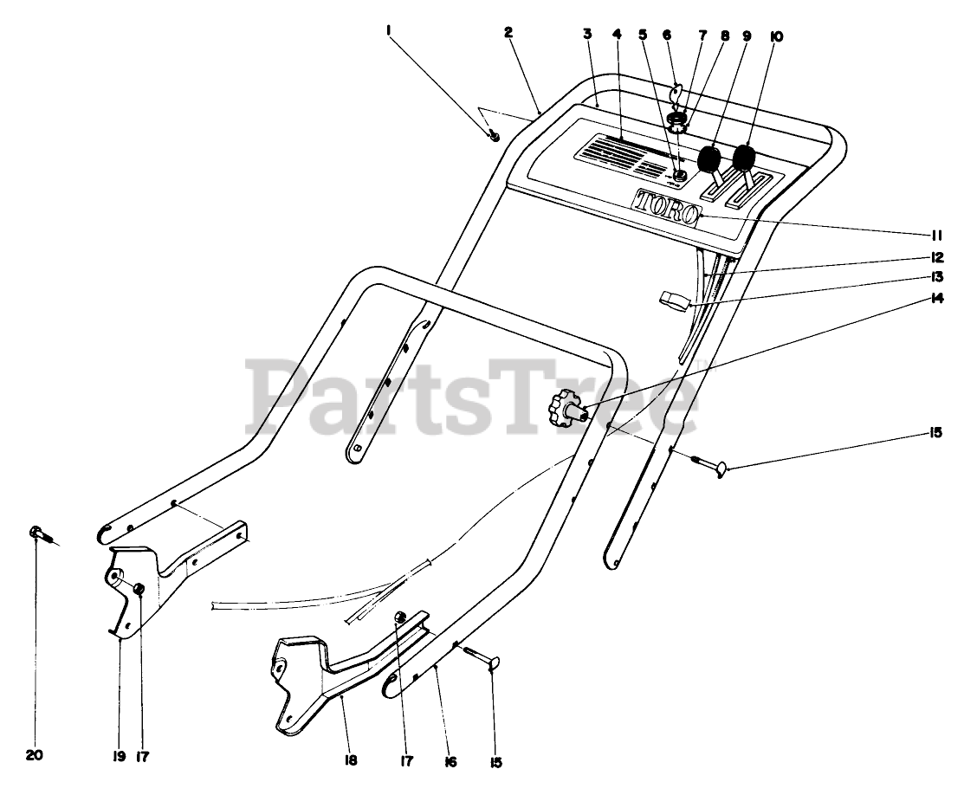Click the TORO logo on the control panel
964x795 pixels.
(666, 208)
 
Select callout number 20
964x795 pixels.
(35, 755)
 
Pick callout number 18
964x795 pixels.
(351, 760)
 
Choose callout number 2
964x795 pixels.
(508, 32)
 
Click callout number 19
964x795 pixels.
(119, 755)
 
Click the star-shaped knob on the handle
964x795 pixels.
(566, 406)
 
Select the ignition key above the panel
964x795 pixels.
(678, 93)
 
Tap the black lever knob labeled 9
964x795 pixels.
(709, 159)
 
